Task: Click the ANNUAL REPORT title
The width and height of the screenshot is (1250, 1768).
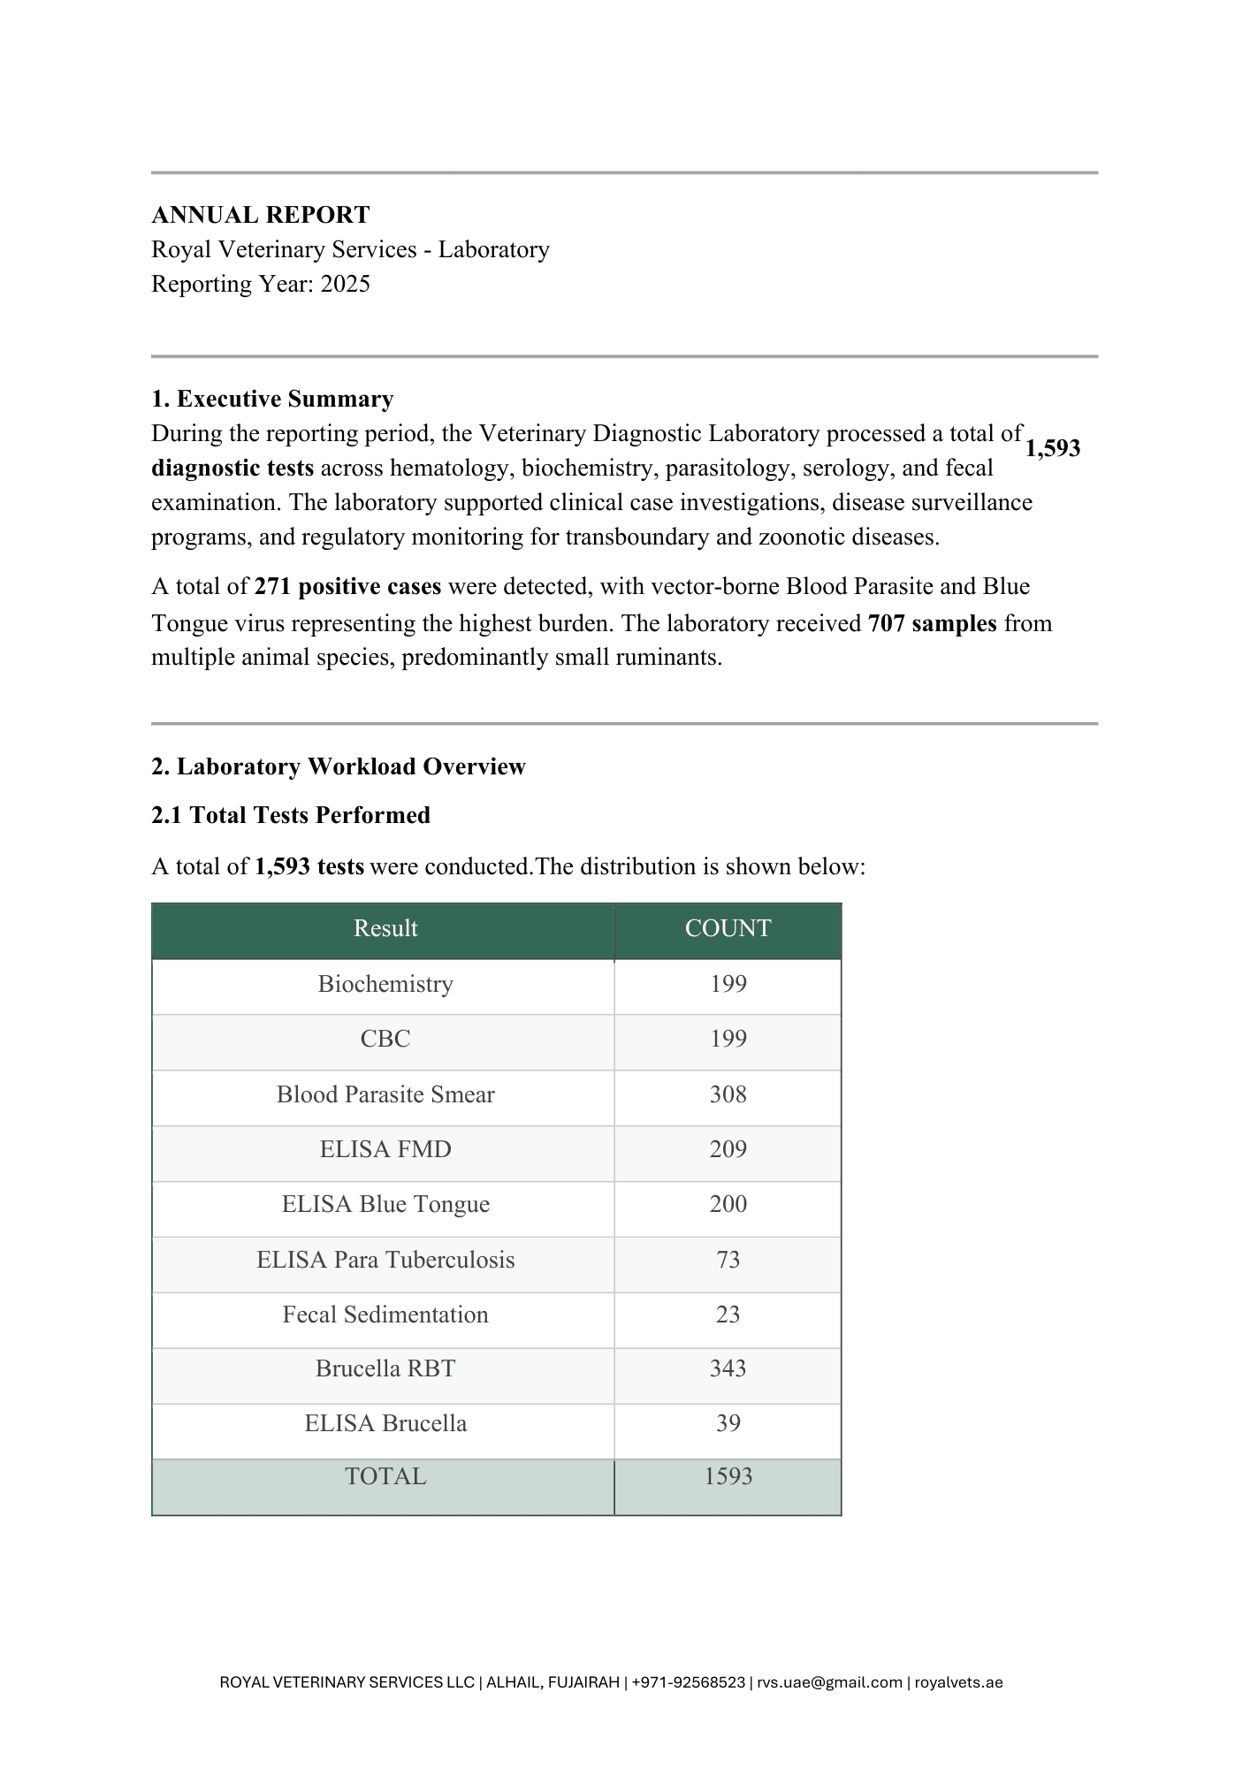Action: click(x=261, y=215)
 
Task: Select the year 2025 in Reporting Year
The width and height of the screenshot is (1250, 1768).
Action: click(x=346, y=284)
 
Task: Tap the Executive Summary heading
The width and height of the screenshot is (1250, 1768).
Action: click(x=272, y=399)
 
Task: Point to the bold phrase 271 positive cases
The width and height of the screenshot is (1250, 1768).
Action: click(x=347, y=587)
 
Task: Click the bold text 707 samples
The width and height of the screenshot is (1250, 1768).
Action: click(x=933, y=623)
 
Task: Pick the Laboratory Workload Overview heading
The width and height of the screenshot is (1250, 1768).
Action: click(x=339, y=766)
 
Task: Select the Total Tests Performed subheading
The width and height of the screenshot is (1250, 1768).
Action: click(x=291, y=815)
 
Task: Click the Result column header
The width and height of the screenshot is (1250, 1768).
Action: click(x=385, y=928)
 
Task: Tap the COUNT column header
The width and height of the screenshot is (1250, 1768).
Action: click(x=728, y=928)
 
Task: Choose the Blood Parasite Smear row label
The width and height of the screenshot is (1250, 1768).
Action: click(x=385, y=1094)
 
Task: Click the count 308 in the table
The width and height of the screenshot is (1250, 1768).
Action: click(x=728, y=1094)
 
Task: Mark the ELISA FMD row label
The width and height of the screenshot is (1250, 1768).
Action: click(x=385, y=1149)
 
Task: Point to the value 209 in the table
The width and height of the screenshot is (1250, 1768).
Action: click(x=728, y=1149)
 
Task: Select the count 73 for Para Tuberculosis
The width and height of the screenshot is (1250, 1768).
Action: click(x=728, y=1260)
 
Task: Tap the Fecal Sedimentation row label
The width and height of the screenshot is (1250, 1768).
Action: click(x=385, y=1315)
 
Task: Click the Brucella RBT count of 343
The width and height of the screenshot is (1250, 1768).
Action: click(x=728, y=1368)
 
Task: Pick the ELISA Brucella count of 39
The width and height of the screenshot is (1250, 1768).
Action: click(x=728, y=1423)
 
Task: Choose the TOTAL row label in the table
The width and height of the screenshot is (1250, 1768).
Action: click(x=385, y=1476)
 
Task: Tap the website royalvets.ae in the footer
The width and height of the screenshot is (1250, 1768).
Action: click(x=958, y=1682)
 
